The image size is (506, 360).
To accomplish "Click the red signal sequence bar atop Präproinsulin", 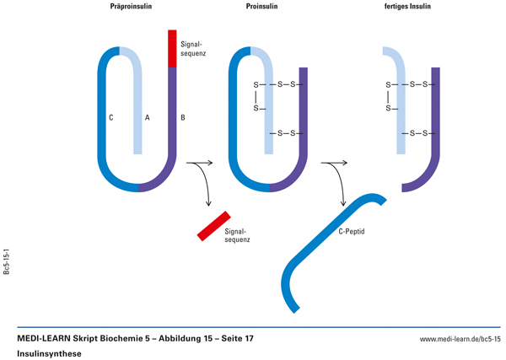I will pos(172,48).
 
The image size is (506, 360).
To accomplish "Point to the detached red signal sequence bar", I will pos(213,225).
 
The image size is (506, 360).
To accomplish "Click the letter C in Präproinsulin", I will pos(111,118).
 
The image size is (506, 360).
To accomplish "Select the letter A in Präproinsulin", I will pos(148,118).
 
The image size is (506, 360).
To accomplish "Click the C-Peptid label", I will pos(353,230).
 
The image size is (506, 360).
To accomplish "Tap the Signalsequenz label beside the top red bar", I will pos(193,46).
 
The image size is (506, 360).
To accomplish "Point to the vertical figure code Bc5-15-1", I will pos(8,262).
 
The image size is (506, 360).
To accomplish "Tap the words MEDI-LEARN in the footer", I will pos(47,338).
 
